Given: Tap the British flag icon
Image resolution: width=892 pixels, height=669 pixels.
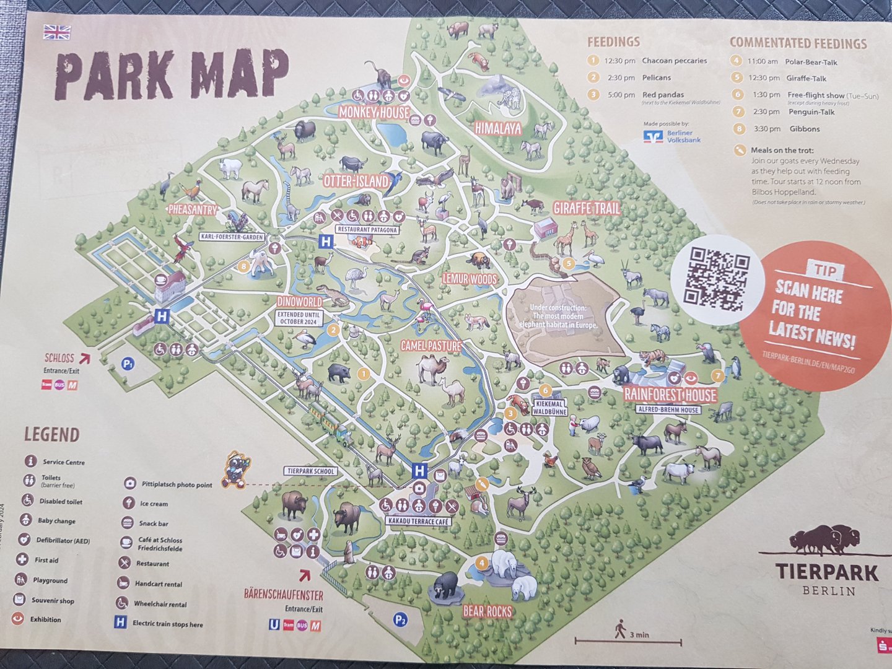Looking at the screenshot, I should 57,32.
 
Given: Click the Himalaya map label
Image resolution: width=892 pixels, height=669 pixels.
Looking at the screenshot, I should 498,129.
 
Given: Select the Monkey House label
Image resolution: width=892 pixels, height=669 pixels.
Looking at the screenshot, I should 374,112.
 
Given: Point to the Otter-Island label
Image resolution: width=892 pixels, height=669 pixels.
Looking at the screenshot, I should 356,181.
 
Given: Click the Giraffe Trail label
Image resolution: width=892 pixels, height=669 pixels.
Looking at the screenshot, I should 586,208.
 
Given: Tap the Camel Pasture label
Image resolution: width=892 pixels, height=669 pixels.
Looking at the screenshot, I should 431,346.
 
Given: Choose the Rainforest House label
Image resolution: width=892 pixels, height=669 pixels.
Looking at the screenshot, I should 670,395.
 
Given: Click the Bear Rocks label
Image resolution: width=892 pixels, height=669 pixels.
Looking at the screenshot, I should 488,611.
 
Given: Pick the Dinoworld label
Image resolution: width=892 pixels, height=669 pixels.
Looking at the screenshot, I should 300,302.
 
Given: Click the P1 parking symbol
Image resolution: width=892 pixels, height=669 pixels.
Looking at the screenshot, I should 128,364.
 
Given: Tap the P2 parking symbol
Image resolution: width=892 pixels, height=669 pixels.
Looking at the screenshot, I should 401,619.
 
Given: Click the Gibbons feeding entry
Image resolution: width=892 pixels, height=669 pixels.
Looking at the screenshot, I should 804,129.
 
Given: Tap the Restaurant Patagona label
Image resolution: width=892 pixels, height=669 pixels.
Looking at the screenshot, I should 367,229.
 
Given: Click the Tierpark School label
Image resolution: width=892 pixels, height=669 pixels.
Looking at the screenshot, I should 311,471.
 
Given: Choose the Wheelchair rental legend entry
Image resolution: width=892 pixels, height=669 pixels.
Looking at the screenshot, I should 160,604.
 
